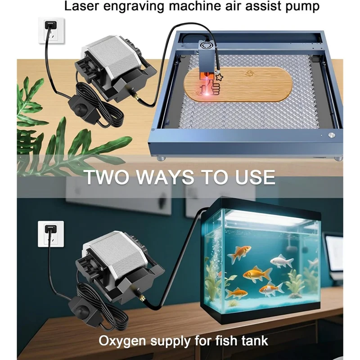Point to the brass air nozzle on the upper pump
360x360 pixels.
[133, 96]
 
